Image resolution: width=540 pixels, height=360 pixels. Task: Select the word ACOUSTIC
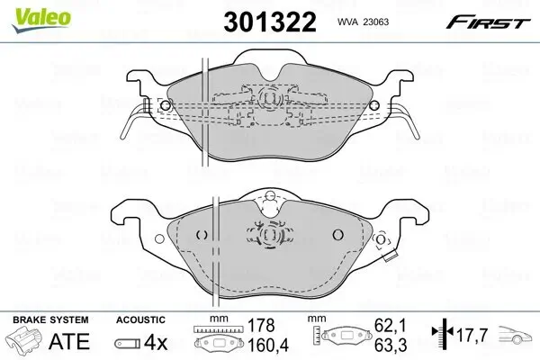click(x=139, y=319)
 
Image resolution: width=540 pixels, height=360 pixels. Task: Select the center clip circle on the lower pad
click(x=269, y=235)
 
